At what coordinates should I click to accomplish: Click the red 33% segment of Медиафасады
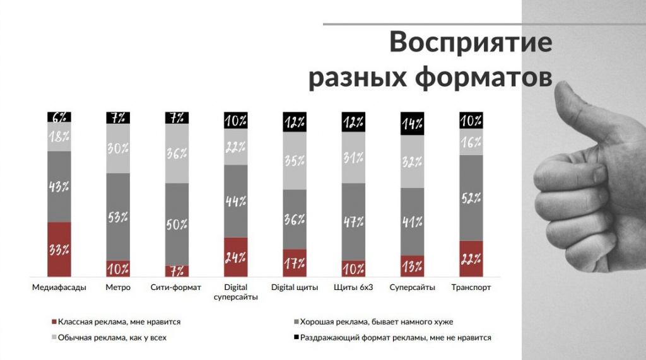coord(59,249)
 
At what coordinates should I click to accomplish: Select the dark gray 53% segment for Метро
coord(118,216)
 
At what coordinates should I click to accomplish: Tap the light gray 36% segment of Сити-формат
coord(177,153)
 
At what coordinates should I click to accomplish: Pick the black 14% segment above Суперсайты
coord(413,124)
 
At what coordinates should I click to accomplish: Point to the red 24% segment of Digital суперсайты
coord(235,257)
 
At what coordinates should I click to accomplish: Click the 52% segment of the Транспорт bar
coord(471,197)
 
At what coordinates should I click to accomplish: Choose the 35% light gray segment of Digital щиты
coord(294,160)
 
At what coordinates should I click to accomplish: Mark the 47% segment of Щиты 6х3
coord(353,221)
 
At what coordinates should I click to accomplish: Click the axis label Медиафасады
coord(59,287)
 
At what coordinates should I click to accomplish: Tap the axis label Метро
coord(118,287)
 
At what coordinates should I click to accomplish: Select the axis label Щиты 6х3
coord(353,287)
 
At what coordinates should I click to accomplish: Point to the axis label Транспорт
coord(471,287)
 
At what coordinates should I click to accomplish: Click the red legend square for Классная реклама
coord(53,322)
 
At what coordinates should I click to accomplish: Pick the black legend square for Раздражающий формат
coord(296,337)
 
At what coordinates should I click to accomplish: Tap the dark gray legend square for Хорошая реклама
coord(296,322)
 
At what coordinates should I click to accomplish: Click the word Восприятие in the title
coord(471,43)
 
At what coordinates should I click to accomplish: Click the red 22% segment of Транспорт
coord(471,258)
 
